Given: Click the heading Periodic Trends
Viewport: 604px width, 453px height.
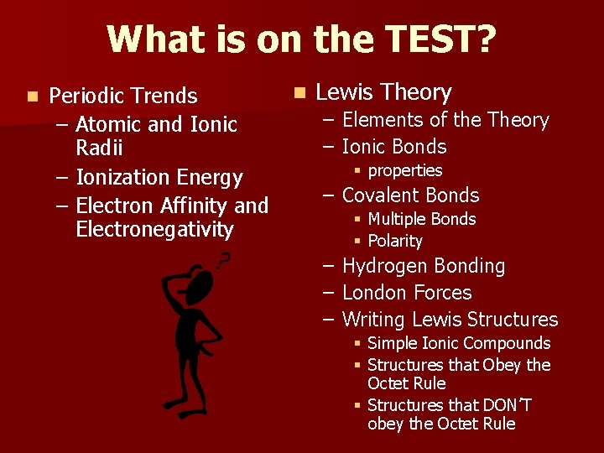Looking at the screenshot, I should [x=123, y=96].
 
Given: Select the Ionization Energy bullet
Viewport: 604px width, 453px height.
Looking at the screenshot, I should [x=159, y=178].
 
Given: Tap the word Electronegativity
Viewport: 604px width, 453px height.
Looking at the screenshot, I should [x=154, y=230].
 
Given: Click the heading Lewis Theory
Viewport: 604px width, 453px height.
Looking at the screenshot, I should [x=383, y=92].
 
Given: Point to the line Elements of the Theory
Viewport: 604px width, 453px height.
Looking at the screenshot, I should [x=445, y=120].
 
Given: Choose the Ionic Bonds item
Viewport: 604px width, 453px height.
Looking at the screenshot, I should [x=393, y=147].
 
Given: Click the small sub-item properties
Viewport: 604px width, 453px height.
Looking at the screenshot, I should [x=404, y=171].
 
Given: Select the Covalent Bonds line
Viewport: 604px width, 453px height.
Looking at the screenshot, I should [x=410, y=195].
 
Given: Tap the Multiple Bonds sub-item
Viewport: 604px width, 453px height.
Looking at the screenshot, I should [x=421, y=219].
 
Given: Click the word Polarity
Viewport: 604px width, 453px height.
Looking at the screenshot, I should [x=394, y=242].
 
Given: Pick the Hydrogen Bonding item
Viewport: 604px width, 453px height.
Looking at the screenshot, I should [x=423, y=267].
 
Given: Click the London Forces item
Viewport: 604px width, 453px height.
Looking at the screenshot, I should [x=407, y=293].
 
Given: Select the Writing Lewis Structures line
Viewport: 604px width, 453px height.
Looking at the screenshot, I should [x=450, y=320].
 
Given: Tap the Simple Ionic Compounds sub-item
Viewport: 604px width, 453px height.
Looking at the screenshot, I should [x=459, y=343].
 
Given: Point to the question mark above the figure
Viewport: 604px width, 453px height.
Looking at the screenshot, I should [x=223, y=259].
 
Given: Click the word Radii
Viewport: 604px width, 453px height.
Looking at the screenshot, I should [x=99, y=148].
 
